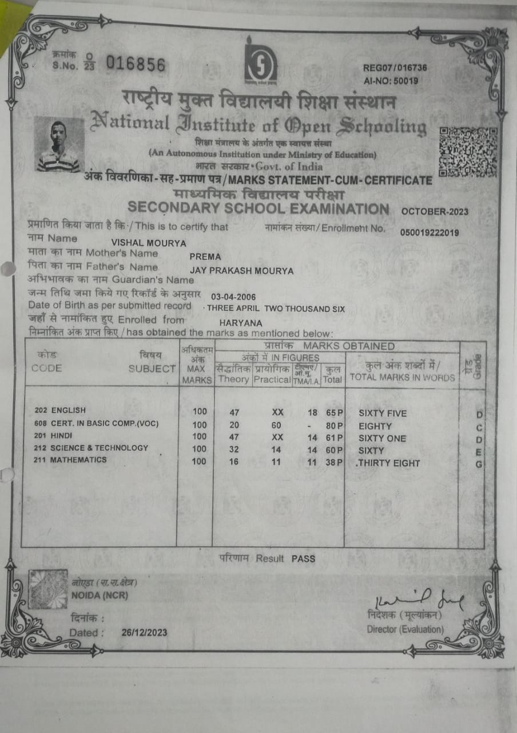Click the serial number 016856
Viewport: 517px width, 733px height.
[x=136, y=64]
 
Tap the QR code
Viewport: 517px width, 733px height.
[x=467, y=152]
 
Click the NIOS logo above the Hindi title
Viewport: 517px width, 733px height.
[x=261, y=61]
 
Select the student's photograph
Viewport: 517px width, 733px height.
[x=59, y=145]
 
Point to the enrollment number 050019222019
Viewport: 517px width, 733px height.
[x=429, y=232]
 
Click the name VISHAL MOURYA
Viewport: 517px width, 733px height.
[x=149, y=243]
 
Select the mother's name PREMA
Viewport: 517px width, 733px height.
[x=205, y=257]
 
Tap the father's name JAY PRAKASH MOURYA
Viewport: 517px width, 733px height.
[x=241, y=271]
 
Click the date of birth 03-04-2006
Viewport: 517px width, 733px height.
[x=233, y=297]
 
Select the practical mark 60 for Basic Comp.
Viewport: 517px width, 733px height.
[x=276, y=425]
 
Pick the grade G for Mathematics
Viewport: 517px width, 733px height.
[x=479, y=464]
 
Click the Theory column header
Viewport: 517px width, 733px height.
[x=233, y=379]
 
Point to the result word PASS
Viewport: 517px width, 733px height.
[x=303, y=558]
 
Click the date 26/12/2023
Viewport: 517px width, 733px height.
[x=144, y=633]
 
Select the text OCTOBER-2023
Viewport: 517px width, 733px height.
[x=435, y=211]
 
